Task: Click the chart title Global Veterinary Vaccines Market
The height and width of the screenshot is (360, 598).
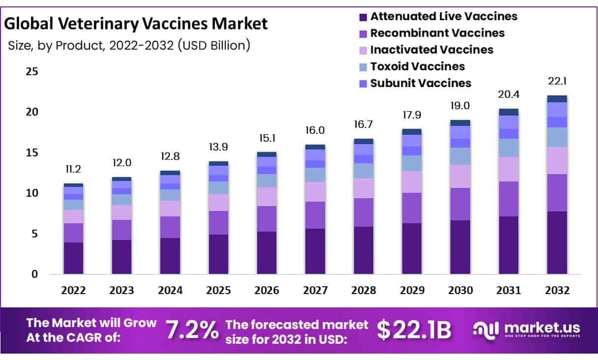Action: (136, 23)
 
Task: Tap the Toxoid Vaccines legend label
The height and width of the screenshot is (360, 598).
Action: (417, 66)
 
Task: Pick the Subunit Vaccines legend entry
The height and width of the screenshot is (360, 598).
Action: (420, 83)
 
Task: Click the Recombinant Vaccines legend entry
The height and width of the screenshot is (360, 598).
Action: (437, 33)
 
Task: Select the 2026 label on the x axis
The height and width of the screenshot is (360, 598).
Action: (266, 290)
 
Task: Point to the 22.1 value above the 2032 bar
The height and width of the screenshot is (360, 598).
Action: (557, 82)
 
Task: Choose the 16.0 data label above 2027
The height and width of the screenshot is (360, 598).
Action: (315, 130)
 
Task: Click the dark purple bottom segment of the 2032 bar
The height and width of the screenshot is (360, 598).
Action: (557, 242)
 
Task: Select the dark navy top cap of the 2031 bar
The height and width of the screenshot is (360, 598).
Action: (508, 112)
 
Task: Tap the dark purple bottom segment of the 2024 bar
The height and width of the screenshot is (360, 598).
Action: (170, 256)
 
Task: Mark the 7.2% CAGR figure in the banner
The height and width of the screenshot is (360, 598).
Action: (192, 330)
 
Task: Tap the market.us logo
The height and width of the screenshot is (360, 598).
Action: (526, 329)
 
